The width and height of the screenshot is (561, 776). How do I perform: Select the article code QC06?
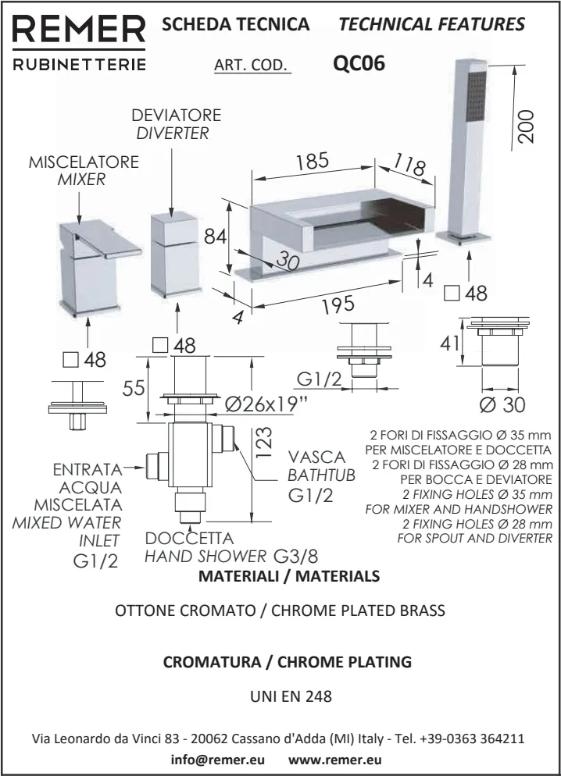pyautogui.click(x=359, y=63)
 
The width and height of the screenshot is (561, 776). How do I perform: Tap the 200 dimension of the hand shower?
pyautogui.click(x=527, y=124)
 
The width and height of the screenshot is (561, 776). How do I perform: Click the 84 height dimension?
pyautogui.click(x=215, y=235)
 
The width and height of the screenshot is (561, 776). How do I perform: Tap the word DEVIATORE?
pyautogui.click(x=176, y=116)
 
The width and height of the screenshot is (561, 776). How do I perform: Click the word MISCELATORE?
pyautogui.click(x=84, y=162)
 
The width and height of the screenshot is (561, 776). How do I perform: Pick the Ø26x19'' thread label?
pyautogui.click(x=266, y=405)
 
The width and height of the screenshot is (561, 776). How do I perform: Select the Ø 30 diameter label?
pyautogui.click(x=502, y=405)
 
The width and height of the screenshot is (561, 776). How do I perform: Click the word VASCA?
pyautogui.click(x=316, y=457)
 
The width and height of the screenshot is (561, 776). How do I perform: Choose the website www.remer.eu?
pyautogui.click(x=335, y=758)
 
